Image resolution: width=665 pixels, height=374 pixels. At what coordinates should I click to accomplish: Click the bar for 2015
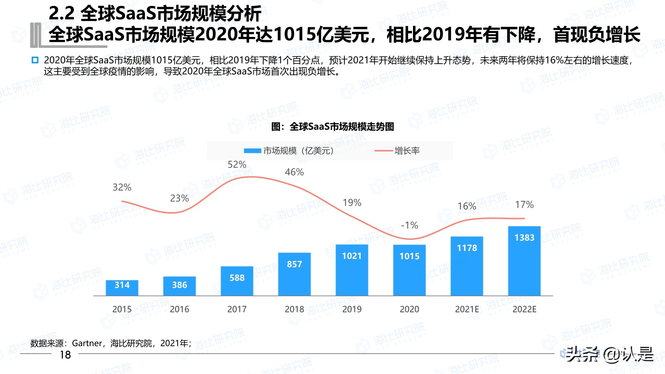point(122,288)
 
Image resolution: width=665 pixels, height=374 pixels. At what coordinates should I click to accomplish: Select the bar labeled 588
point(237,281)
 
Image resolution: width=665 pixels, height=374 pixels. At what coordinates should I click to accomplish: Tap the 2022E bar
point(524,261)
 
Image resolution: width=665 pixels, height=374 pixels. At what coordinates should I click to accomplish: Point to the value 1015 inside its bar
point(409,256)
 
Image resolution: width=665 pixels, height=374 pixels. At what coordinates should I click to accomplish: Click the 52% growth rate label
point(237,165)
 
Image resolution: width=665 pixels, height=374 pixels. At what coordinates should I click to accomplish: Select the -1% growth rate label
point(409,225)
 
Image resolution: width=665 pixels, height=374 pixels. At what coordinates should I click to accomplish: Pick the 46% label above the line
point(294,172)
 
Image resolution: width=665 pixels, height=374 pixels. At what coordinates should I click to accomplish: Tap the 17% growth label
point(524,205)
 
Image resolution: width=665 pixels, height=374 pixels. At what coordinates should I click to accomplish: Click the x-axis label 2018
point(294,310)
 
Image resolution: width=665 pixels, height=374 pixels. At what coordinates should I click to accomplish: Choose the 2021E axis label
point(467,310)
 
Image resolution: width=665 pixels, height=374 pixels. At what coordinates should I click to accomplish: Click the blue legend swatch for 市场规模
point(252,151)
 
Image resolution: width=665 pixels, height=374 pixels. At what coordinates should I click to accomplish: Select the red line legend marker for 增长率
point(384,151)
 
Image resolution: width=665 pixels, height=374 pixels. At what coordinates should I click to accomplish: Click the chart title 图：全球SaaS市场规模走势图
point(332,127)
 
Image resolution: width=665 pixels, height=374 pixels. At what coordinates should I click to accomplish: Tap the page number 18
point(65,355)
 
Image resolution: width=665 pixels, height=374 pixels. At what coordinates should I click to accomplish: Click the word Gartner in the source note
point(87,343)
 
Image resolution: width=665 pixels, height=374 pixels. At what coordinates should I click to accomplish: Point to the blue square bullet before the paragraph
point(35,60)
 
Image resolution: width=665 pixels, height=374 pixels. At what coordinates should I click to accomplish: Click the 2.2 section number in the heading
point(62,14)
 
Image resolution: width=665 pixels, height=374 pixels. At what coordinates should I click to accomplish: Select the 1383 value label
point(524,238)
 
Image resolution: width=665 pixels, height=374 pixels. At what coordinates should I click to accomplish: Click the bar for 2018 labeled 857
point(294,274)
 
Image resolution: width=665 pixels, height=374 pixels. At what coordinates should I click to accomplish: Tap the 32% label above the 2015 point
point(122,187)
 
